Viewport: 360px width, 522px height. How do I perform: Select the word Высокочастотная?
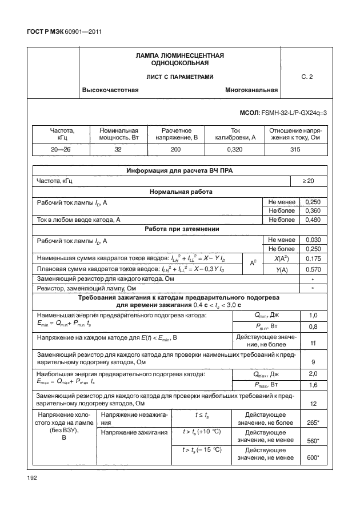point(110,90)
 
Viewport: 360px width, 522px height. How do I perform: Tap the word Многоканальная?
point(251,90)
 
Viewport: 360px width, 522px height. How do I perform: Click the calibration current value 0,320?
point(235,149)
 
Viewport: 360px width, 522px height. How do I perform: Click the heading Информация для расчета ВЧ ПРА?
point(179,171)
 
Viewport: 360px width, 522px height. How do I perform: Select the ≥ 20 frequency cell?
point(308,181)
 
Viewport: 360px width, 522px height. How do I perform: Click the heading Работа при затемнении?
point(179,229)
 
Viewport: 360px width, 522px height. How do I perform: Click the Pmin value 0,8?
point(313,326)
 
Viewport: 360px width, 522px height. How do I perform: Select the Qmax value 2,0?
point(313,374)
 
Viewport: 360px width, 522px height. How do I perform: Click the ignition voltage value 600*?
point(313,457)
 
